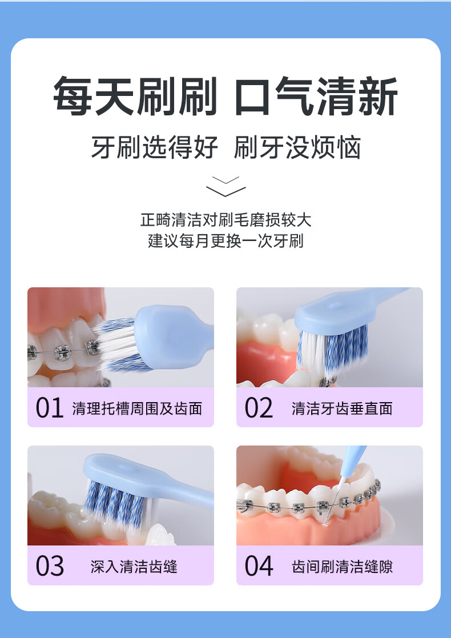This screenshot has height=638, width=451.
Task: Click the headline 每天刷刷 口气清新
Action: [x=226, y=96]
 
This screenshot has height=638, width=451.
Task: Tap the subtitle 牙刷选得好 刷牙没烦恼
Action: [x=226, y=147]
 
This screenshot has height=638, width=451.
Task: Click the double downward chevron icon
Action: [x=226, y=186]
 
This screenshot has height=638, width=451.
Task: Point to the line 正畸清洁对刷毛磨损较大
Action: [x=226, y=220]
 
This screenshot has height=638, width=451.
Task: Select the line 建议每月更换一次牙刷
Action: [x=226, y=241]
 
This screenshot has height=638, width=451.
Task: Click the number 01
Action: [x=50, y=408]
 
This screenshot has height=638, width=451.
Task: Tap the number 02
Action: [x=259, y=408]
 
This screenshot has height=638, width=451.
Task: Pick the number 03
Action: [x=50, y=566]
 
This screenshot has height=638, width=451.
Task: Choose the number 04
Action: [x=259, y=566]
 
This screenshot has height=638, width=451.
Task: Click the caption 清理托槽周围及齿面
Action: [x=137, y=408]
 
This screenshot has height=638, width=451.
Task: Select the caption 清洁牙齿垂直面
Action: [x=342, y=408]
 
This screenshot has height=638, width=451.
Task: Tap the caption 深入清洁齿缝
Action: [x=134, y=567]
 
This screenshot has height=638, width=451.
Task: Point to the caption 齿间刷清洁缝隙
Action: [x=342, y=567]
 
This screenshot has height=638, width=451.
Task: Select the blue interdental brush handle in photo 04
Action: [x=352, y=462]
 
